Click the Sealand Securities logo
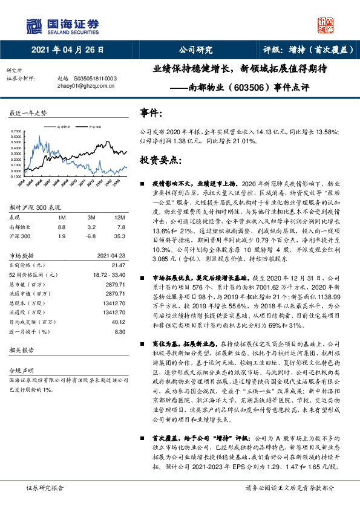(x=63, y=25)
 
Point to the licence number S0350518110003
(x=95, y=79)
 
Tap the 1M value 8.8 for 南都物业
(x=62, y=227)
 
